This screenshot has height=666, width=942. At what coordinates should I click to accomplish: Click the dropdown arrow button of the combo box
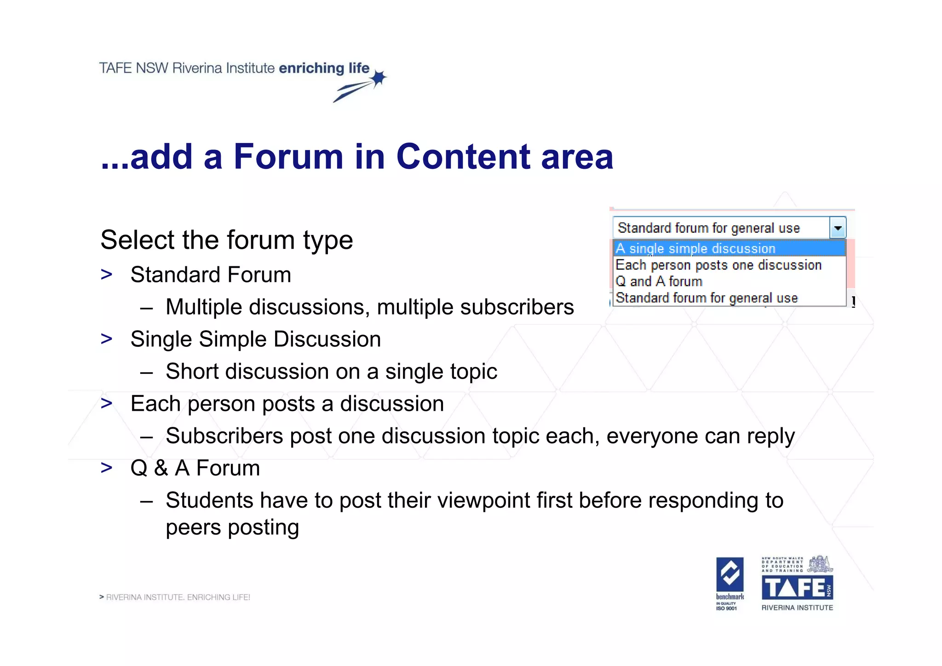[838, 228]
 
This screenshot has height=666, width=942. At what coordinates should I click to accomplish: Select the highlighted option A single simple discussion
[695, 248]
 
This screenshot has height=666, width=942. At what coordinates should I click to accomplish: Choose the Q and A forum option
[659, 281]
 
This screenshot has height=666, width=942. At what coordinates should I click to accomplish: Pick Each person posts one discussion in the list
[718, 265]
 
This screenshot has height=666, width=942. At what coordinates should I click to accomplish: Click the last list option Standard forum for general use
[706, 298]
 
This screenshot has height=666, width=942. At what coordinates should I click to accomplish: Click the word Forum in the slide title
[288, 156]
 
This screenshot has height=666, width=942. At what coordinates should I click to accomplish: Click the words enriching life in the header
[324, 68]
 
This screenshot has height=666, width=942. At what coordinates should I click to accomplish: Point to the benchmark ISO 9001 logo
[729, 584]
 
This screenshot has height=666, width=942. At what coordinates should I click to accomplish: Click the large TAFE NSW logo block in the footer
[797, 588]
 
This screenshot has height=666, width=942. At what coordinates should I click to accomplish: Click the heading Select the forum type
[227, 240]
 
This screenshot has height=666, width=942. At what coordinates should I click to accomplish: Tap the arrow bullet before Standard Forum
[107, 275]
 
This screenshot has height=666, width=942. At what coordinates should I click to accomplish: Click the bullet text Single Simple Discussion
[256, 339]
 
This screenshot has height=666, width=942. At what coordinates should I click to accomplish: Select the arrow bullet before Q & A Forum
[107, 468]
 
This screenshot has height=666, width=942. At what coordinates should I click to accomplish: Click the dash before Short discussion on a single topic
[146, 372]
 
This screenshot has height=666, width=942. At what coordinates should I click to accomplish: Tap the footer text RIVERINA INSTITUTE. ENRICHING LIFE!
[178, 597]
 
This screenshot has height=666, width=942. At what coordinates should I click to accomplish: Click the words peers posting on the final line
[232, 528]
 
